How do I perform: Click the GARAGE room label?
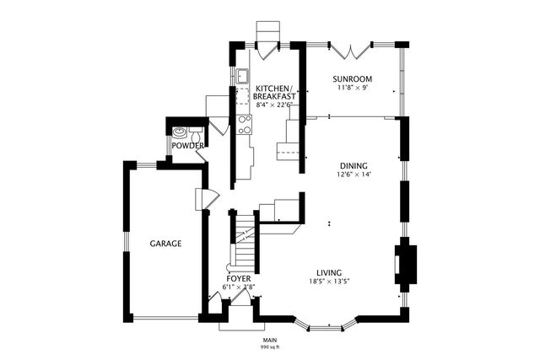tap(165, 244)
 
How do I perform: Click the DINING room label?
tap(353, 165)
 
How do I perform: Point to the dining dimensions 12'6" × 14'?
tap(353, 175)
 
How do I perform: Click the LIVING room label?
tap(328, 272)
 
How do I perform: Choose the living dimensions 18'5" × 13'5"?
tap(328, 282)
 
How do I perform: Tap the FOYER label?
tap(238, 278)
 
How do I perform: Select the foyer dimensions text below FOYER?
tap(238, 287)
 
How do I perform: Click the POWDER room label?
tap(186, 146)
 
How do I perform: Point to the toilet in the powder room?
tap(180, 132)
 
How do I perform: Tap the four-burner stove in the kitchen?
tap(245, 125)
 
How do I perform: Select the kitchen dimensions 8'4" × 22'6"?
tap(273, 105)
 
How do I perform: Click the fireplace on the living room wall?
tap(404, 264)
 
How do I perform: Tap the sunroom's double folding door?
tap(348, 48)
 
